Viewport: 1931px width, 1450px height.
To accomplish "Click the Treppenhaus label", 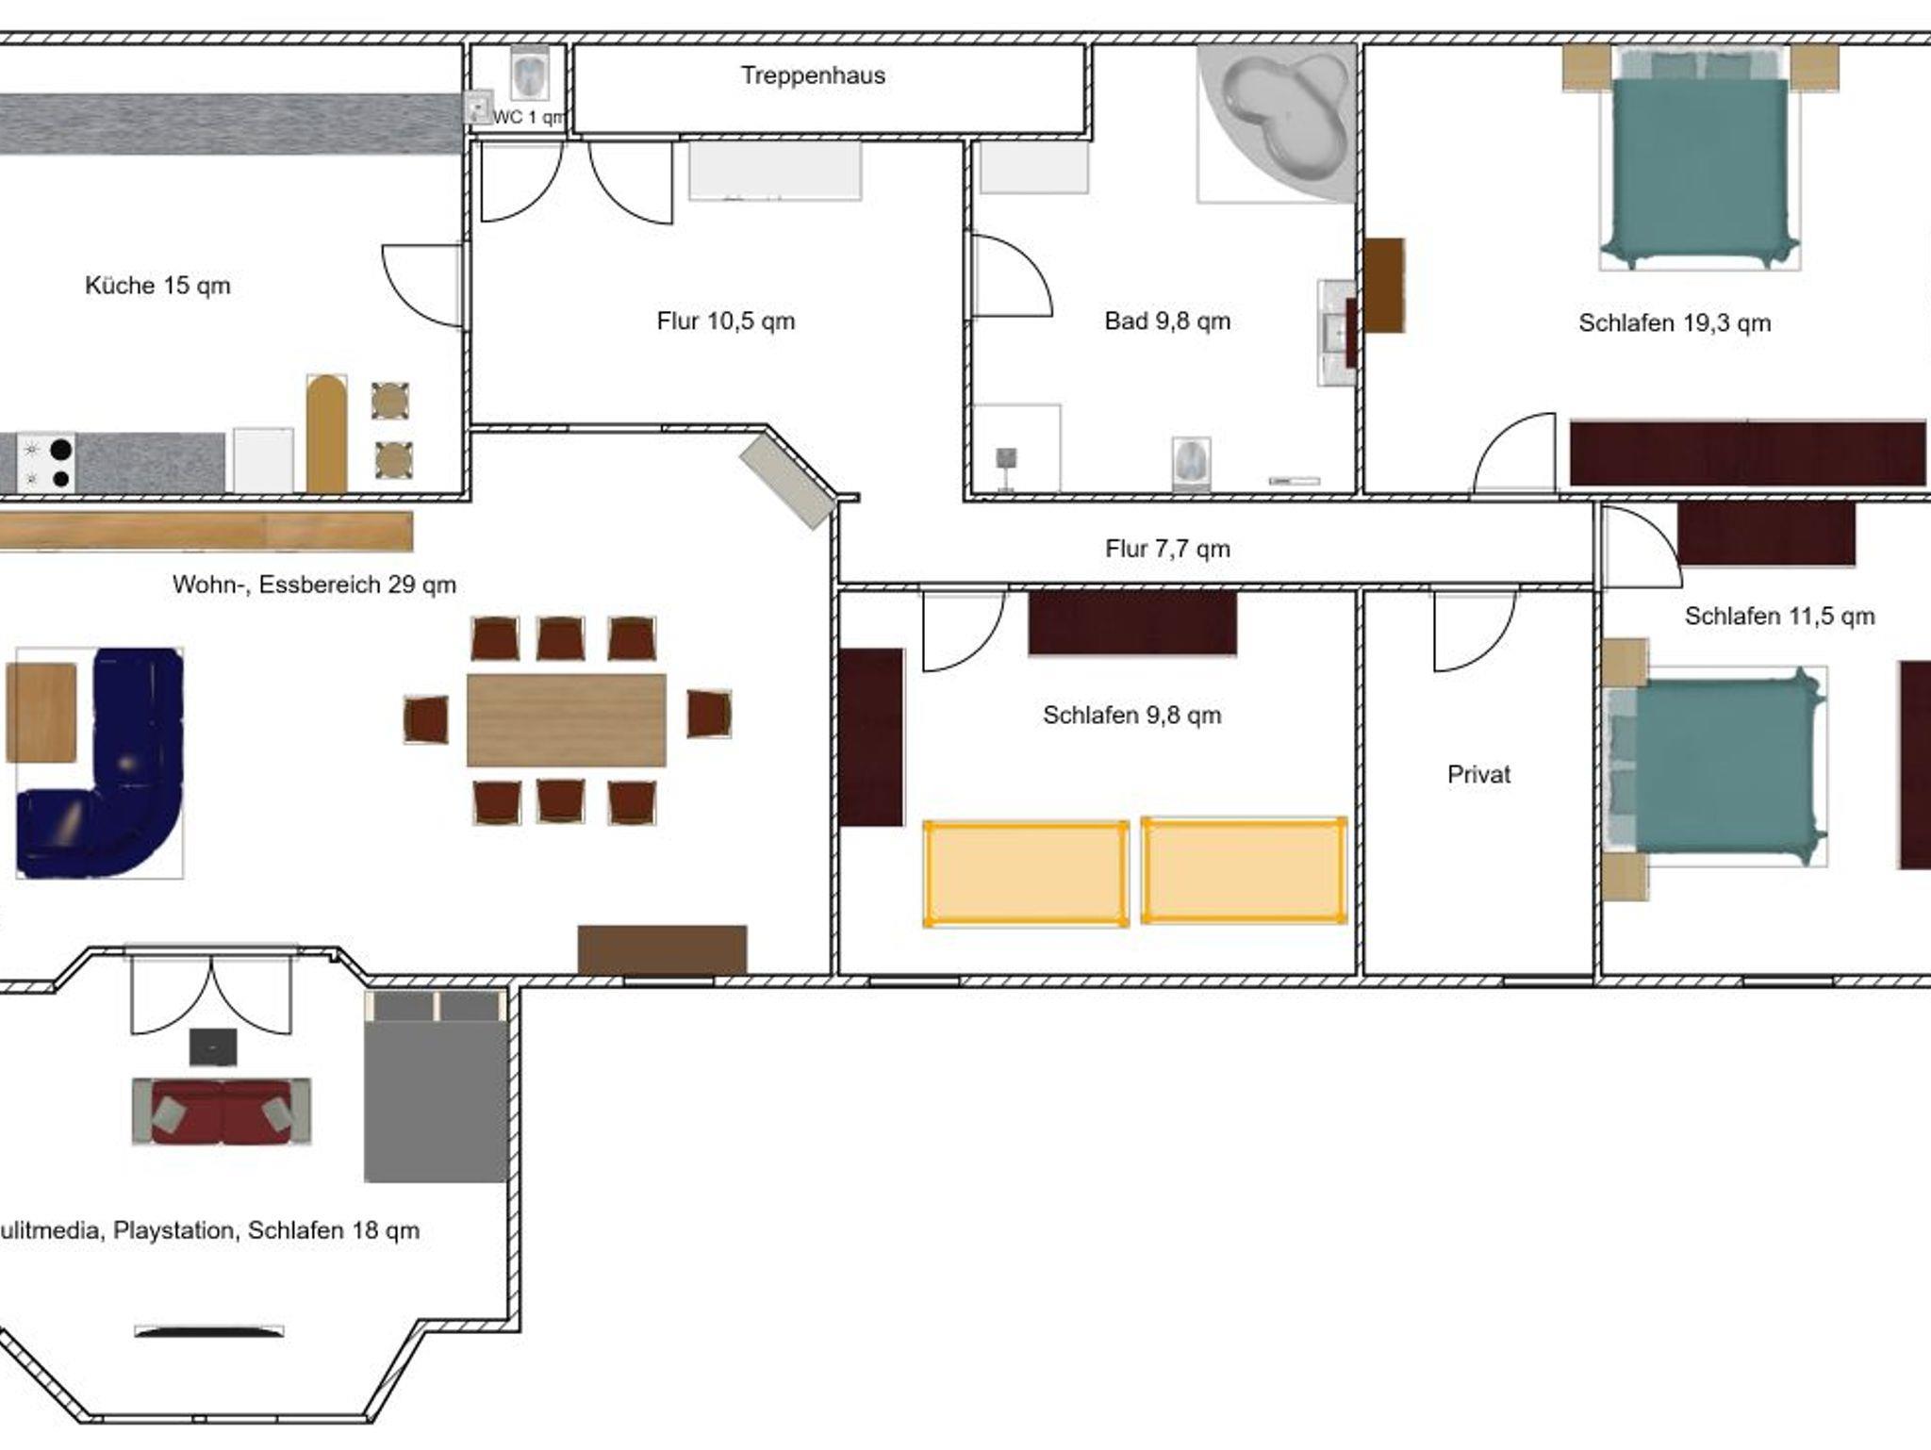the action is (x=813, y=75).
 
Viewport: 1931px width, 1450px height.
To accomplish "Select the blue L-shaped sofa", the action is (x=99, y=764).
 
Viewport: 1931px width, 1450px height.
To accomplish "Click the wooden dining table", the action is (x=567, y=720).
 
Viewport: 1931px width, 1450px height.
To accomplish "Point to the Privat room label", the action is (x=1478, y=775).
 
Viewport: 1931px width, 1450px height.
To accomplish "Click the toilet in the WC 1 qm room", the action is (x=530, y=74).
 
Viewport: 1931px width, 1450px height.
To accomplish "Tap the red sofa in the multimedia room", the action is (x=222, y=1112).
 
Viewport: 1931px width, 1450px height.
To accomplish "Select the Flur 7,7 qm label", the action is (x=1167, y=549).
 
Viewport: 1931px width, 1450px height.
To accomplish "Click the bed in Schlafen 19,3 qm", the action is (x=1701, y=158).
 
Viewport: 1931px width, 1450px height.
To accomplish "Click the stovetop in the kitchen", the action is (x=46, y=463).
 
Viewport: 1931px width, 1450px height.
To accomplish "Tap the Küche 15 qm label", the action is (x=157, y=286).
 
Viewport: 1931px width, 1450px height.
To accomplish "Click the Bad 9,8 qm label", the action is (x=1167, y=321).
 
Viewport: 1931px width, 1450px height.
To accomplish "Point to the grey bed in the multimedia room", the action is (x=436, y=1086).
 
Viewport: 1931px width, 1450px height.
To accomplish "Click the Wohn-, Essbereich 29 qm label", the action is (x=314, y=585).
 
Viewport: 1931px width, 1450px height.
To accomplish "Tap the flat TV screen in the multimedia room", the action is (x=209, y=1332).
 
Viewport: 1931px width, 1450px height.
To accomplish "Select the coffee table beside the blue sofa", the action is (x=41, y=712).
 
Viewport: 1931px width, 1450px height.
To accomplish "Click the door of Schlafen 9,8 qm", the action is (x=964, y=631).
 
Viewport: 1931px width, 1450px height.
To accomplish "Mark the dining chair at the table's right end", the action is (x=709, y=714).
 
